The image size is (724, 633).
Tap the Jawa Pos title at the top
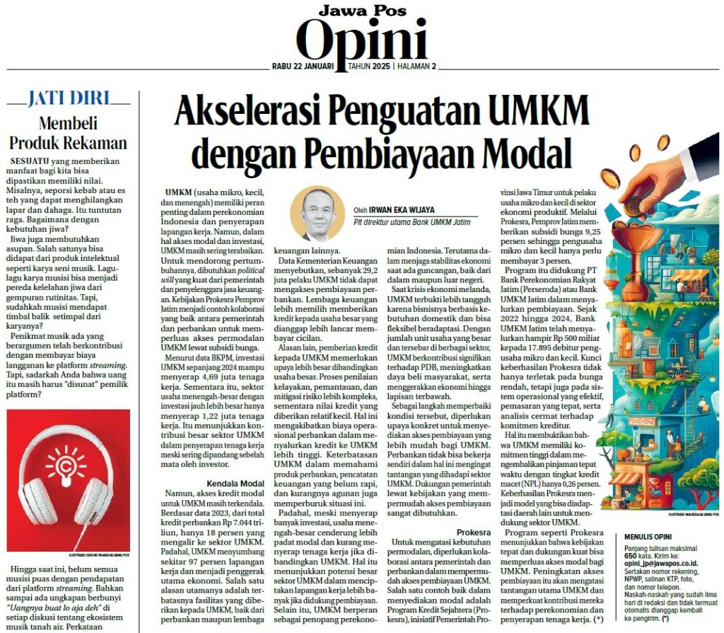click(x=361, y=10)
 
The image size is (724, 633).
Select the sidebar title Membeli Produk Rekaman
click(x=68, y=132)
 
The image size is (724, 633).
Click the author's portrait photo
click(x=317, y=213)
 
